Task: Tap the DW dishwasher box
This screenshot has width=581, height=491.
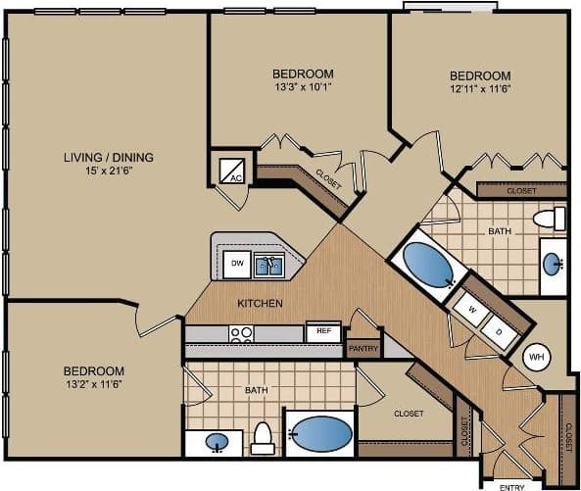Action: tap(236, 263)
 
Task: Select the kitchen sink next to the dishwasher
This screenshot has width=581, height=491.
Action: tap(268, 264)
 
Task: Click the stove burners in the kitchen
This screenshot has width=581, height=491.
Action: tap(241, 333)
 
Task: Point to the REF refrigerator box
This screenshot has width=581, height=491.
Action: tap(322, 332)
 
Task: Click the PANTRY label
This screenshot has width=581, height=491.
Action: tap(363, 348)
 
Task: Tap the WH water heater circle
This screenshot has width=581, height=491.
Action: tap(536, 357)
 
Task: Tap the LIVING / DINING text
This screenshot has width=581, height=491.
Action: tap(108, 157)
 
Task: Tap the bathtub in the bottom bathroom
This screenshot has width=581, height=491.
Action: tap(320, 433)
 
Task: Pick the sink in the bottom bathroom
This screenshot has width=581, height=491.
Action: tap(218, 443)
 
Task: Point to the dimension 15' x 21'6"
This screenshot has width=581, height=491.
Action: tap(108, 172)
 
